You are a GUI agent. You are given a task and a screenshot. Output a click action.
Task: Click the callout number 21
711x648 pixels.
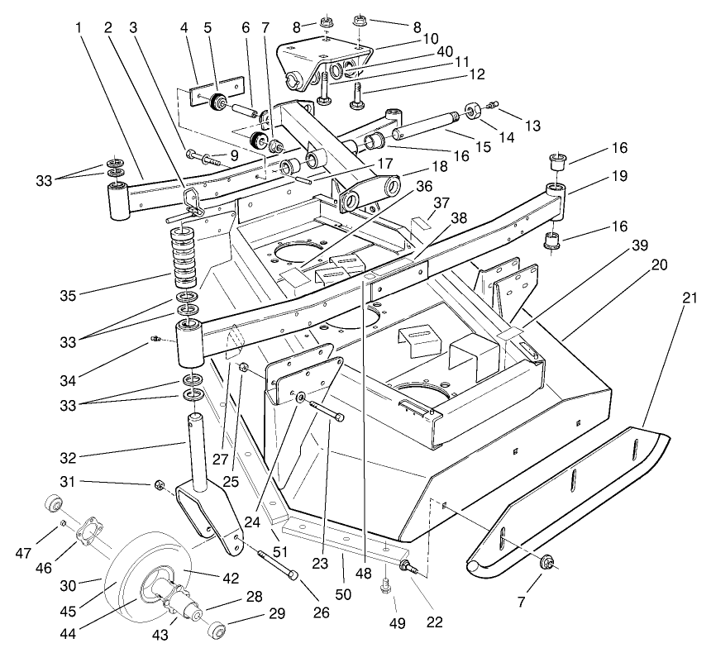[x=685, y=296]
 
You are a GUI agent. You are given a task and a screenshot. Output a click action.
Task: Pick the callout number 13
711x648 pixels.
[x=532, y=126]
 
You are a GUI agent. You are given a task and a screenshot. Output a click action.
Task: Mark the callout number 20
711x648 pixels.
[x=660, y=265]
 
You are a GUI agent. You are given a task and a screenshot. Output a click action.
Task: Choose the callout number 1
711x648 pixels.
[x=80, y=27]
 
